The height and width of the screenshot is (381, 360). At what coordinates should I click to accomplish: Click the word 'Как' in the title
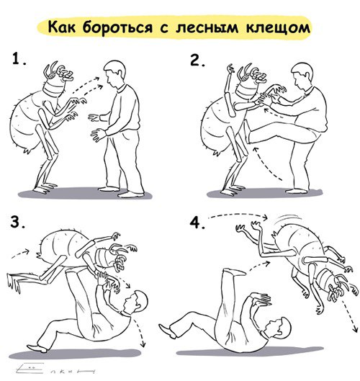click(x=63, y=28)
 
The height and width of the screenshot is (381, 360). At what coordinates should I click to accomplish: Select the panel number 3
click(x=17, y=222)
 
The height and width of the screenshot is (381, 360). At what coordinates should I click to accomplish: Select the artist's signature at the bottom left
click(x=54, y=369)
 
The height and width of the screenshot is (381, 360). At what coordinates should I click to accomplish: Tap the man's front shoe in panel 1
click(x=130, y=193)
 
